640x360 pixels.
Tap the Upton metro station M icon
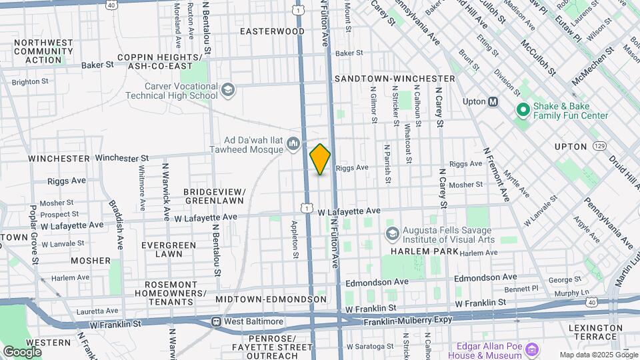[x=493, y=102]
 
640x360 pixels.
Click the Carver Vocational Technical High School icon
[x=227, y=89]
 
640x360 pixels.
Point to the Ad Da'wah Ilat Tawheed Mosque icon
[x=293, y=144]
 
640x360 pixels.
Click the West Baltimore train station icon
[x=216, y=322]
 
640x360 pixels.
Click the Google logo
[x=22, y=351]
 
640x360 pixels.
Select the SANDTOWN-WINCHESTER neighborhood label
[x=395, y=79]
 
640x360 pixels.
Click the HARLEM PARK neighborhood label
[x=425, y=252]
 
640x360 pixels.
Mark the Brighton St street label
[x=31, y=81]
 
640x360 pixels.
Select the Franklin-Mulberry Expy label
[x=407, y=321]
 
